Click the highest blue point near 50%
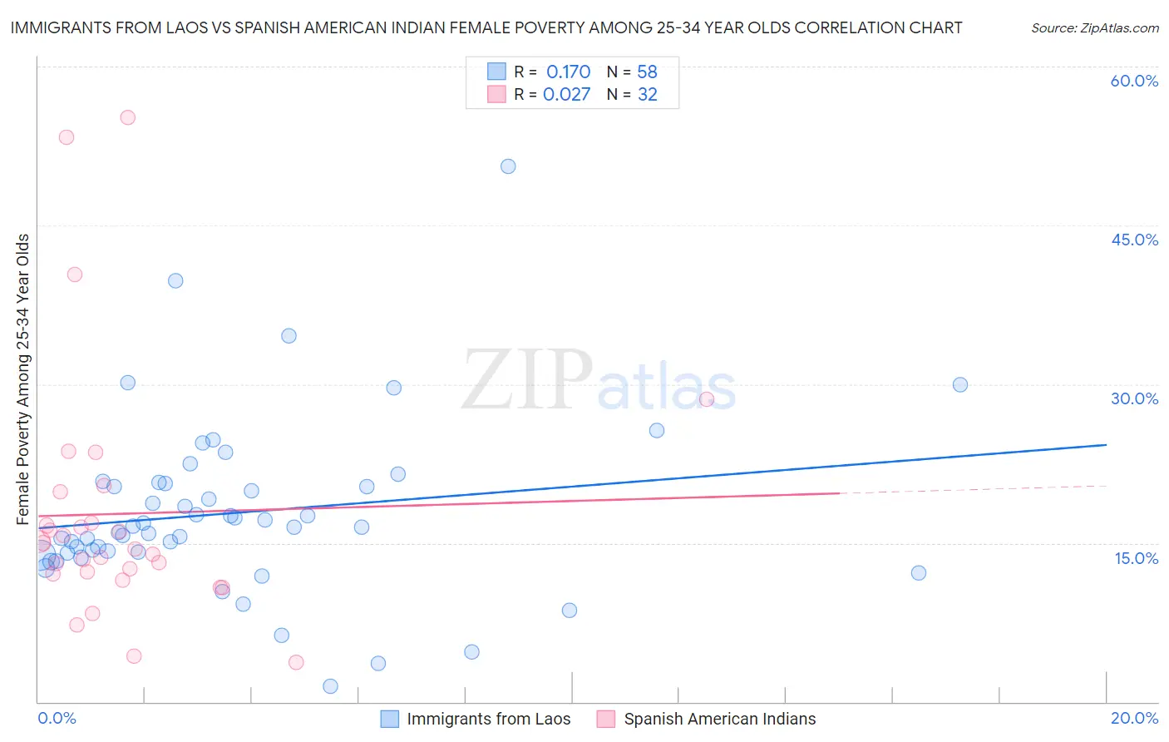pyautogui.click(x=508, y=166)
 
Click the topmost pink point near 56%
pyautogui.click(x=127, y=117)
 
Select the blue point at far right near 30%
pyautogui.click(x=960, y=384)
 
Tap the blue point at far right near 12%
pyautogui.click(x=919, y=572)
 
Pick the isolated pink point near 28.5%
pyautogui.click(x=707, y=398)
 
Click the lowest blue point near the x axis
pyautogui.click(x=330, y=686)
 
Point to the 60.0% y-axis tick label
pyautogui.click(x=1134, y=81)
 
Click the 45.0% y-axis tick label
pyautogui.click(x=1134, y=240)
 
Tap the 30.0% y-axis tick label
pyautogui.click(x=1134, y=398)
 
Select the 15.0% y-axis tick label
pyautogui.click(x=1136, y=557)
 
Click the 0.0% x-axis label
pyautogui.click(x=57, y=718)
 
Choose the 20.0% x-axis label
pyautogui.click(x=1134, y=718)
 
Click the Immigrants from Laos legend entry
pyautogui.click(x=488, y=719)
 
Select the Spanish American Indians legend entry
pyautogui.click(x=719, y=719)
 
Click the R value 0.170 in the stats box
pyautogui.click(x=568, y=72)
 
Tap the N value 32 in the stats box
pyautogui.click(x=647, y=95)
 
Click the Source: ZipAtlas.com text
pyautogui.click(x=1094, y=28)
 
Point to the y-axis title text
pyautogui.click(x=23, y=379)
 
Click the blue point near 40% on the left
pyautogui.click(x=175, y=280)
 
